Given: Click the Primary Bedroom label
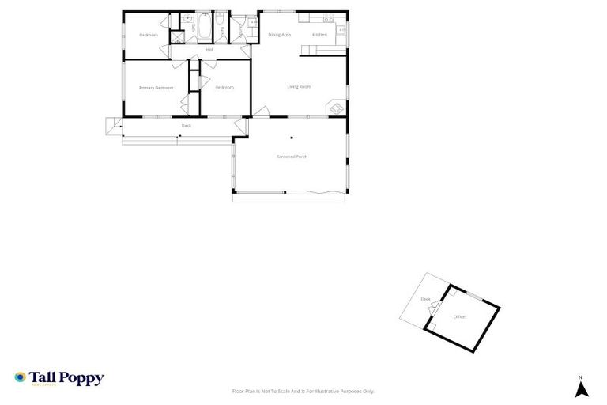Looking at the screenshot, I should [156, 88].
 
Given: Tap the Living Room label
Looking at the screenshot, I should [298, 86].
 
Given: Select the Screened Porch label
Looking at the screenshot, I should [292, 157].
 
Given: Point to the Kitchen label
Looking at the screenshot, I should [319, 35].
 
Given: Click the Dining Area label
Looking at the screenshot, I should [279, 35].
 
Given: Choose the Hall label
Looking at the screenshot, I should [209, 50].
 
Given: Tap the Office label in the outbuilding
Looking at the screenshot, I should [459, 316].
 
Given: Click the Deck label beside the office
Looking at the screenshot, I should [425, 299].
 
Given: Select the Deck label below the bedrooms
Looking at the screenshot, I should [187, 126].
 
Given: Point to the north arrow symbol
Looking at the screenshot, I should [581, 389].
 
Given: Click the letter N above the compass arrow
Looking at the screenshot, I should [580, 377].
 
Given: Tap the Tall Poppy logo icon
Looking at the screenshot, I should [20, 378].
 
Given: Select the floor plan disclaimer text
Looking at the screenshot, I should [303, 391].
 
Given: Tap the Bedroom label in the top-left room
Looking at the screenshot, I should [149, 35].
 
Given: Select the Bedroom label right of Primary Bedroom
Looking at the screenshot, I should [224, 87].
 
